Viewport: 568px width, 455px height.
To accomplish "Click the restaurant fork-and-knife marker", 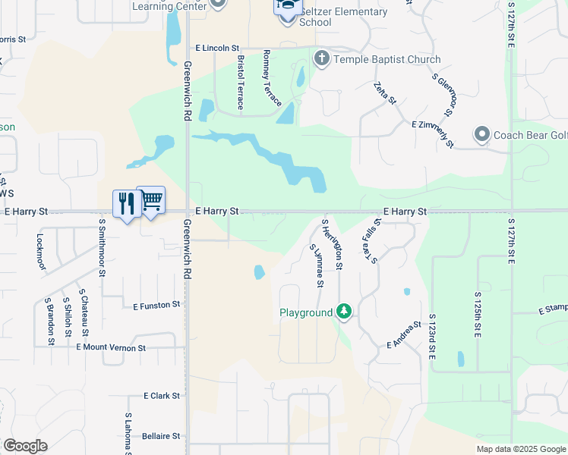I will click(x=126, y=203).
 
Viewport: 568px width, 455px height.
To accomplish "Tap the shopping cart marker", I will click(x=151, y=200).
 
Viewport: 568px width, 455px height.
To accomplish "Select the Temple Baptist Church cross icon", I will click(x=321, y=58).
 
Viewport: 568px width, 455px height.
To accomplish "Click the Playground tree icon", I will click(x=344, y=312).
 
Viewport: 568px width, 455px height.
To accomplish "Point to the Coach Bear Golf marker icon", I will click(x=481, y=135).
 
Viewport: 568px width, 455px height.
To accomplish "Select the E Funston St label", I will click(x=157, y=306).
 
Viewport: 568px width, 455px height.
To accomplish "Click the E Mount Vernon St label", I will click(x=111, y=347).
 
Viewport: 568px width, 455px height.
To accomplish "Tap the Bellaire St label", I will click(x=161, y=436).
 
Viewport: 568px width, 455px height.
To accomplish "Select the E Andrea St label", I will click(x=404, y=334).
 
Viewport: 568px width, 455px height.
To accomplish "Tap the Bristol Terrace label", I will click(x=241, y=82).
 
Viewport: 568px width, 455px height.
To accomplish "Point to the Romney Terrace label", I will click(x=272, y=78).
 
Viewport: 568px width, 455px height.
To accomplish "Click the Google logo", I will click(x=25, y=446).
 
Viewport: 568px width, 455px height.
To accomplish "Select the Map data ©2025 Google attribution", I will click(x=521, y=449).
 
